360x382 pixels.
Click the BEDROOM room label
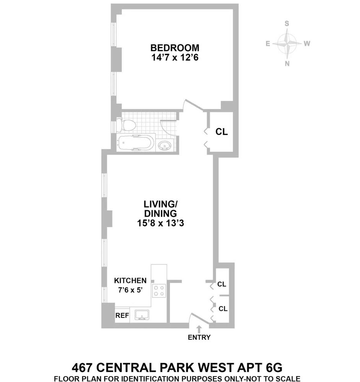pyautogui.click(x=175, y=48)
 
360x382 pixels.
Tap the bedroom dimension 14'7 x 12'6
pyautogui.click(x=175, y=58)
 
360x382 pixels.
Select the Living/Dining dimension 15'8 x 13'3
pyautogui.click(x=161, y=224)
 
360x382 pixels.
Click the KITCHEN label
pyautogui.click(x=130, y=280)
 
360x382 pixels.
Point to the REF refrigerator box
pyautogui.click(x=122, y=316)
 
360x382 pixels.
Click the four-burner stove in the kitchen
pyautogui.click(x=159, y=291)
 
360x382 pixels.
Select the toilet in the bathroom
pyautogui.click(x=126, y=125)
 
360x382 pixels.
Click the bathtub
pyautogui.click(x=136, y=143)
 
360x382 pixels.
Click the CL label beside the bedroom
pyautogui.click(x=222, y=132)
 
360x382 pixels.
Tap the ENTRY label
pyautogui.click(x=199, y=337)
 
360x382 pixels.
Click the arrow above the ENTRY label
pyautogui.click(x=199, y=329)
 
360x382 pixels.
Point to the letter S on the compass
pyautogui.click(x=287, y=23)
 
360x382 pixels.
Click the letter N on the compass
pyautogui.click(x=287, y=64)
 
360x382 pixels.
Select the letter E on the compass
pyautogui.click(x=268, y=44)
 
